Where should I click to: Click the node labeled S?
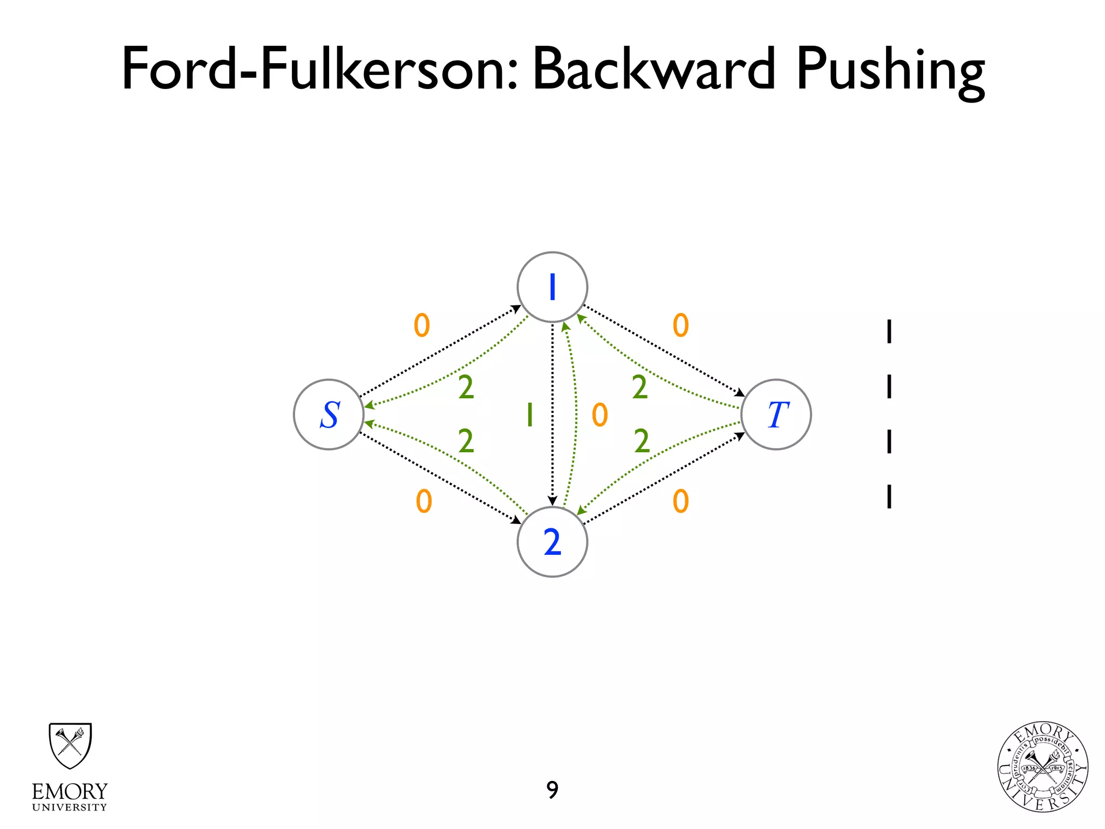329,414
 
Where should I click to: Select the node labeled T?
776,414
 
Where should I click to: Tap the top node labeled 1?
552,287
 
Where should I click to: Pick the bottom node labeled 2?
552,542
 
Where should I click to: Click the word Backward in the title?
654,69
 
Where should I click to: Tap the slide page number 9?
552,790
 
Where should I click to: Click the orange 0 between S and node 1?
422,325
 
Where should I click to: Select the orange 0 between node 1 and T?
681,325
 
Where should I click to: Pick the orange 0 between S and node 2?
424,501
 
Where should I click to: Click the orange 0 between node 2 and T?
681,501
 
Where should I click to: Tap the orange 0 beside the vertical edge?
600,415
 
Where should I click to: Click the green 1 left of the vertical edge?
530,415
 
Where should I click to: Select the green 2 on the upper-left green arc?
466,388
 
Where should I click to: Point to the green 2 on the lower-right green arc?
642,441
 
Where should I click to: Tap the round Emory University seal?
1042,767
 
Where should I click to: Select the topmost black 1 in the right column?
889,331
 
